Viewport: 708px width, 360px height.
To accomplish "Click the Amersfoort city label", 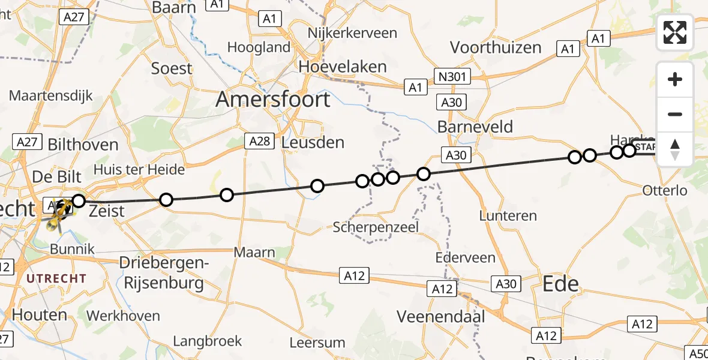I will tap(273, 99).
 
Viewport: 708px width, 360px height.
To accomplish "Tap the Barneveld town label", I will tap(475, 127).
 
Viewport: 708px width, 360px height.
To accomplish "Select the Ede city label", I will tap(561, 283).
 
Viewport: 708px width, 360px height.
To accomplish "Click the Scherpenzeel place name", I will tap(376, 227).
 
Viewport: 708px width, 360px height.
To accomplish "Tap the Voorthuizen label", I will tap(496, 47).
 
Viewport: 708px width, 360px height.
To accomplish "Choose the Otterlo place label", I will tap(664, 191).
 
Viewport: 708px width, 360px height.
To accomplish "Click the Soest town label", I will tap(172, 68).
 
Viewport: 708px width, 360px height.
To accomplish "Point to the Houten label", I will tap(40, 314).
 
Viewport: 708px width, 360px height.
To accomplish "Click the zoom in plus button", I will tap(675, 79).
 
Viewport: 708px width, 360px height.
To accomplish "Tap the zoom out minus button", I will tap(675, 114).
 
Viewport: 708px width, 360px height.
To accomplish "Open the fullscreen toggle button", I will tap(675, 32).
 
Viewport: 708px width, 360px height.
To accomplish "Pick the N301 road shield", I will tap(453, 76).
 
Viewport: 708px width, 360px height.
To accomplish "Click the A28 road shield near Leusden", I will tap(259, 141).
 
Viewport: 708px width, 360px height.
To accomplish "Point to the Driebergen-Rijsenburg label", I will tap(164, 272).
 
